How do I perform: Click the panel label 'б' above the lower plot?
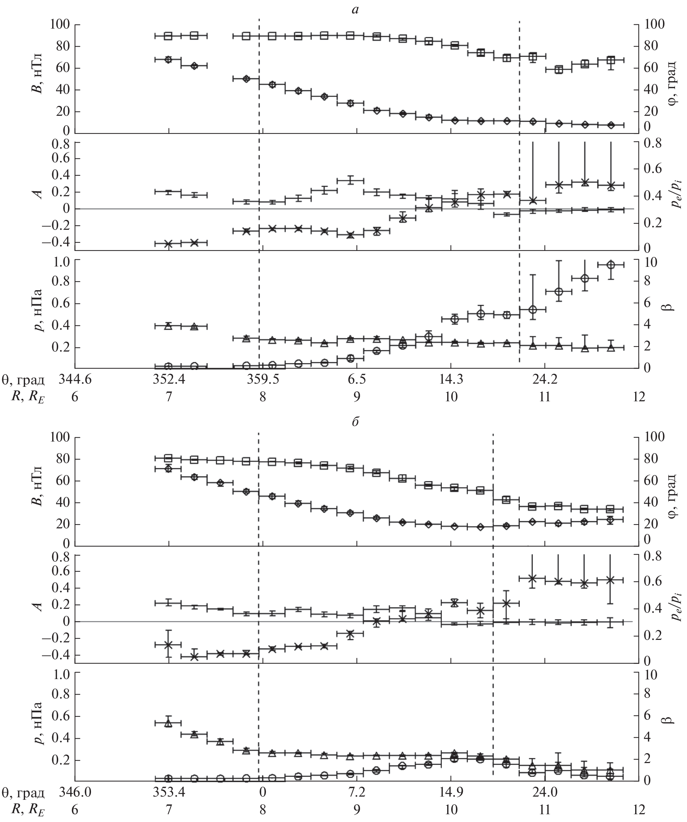[355, 422]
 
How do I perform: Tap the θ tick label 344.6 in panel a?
[75, 380]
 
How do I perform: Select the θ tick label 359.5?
[263, 380]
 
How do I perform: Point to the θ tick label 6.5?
[357, 380]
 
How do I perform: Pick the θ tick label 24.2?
[545, 380]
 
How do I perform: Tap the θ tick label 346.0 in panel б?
[75, 792]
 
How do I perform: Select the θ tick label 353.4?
[169, 792]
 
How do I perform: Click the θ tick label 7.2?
[357, 792]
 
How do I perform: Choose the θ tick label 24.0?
[545, 792]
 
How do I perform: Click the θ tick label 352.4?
[169, 380]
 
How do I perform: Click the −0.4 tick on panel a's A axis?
[61, 243]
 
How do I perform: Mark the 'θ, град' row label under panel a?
[23, 380]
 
